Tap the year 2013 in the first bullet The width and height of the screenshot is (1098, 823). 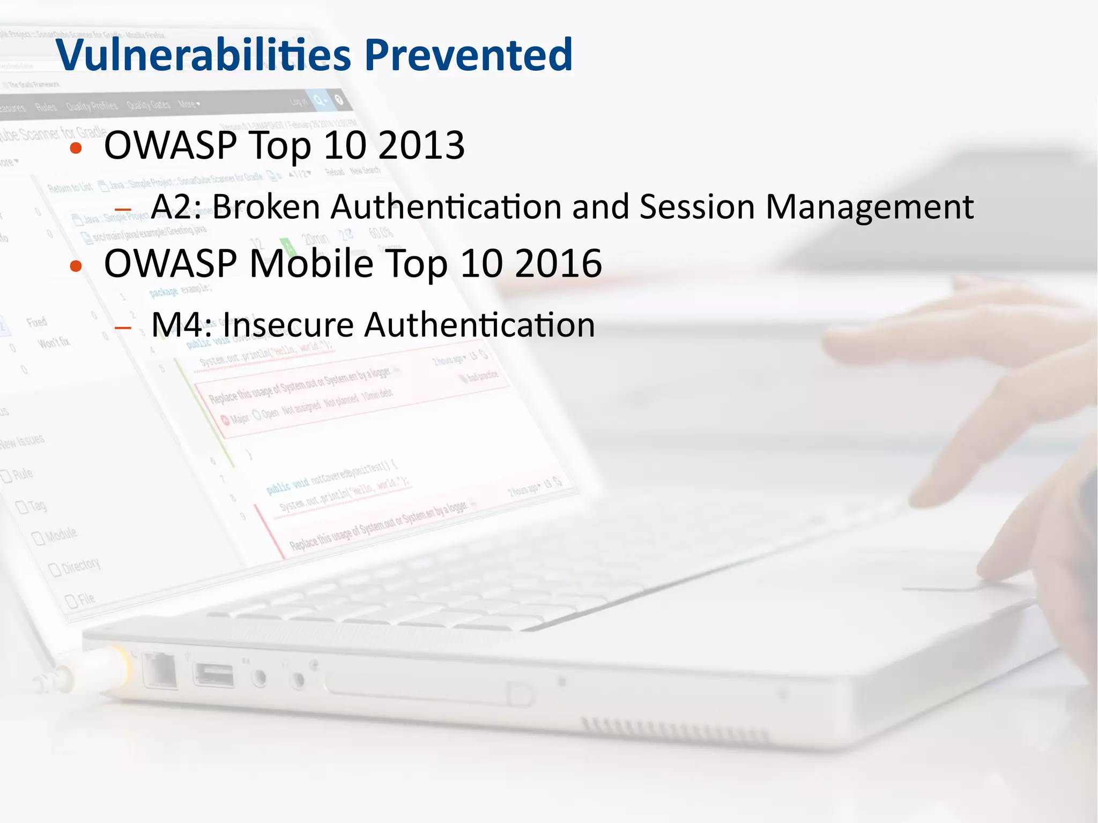pos(421,146)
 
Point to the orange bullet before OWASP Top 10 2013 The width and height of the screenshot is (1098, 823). pos(76,148)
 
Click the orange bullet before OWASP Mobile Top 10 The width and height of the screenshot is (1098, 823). pos(76,266)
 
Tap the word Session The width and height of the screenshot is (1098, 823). pos(697,207)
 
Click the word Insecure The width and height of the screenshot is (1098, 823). pos(288,325)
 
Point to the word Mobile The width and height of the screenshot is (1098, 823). pos(311,264)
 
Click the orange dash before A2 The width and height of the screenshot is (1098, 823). pos(123,210)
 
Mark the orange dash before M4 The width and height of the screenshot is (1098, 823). pos(123,328)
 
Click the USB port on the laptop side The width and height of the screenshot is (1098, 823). pos(214,675)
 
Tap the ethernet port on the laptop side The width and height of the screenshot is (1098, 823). pos(160,670)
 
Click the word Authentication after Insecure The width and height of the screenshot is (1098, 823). pos(479,325)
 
